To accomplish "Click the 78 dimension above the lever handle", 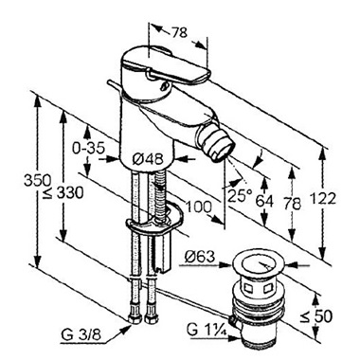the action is pos(179,32).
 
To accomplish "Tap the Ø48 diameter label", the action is pos(148,159).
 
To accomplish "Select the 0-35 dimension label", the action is pos(88,148).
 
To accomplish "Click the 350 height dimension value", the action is pos(38,181).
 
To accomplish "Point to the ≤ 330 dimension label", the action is pos(64,192).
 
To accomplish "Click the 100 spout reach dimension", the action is pos(198,207).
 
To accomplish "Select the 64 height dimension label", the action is pos(264,201).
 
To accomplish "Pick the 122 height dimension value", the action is pos(323,199).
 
